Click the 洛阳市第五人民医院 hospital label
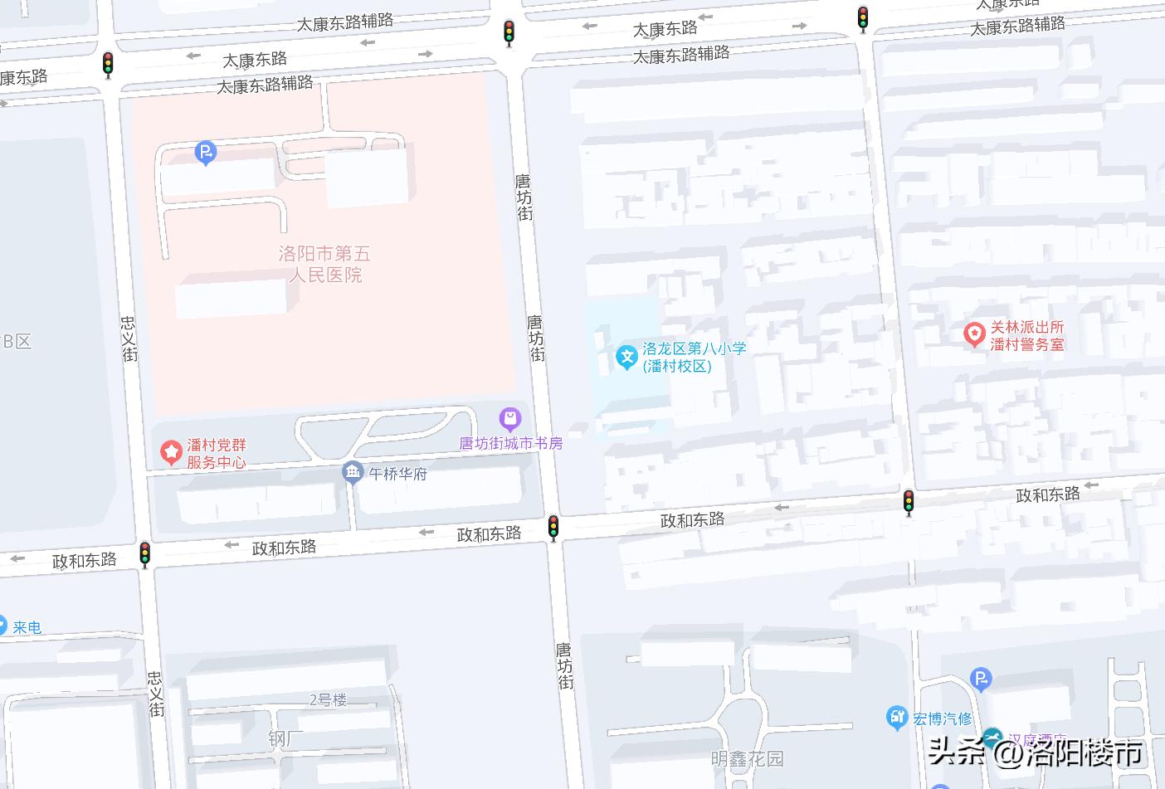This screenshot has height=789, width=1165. (x=324, y=264)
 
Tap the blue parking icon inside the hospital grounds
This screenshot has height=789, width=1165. (x=205, y=153)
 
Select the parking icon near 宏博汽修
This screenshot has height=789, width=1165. (x=981, y=680)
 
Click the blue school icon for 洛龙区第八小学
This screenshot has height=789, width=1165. (x=626, y=358)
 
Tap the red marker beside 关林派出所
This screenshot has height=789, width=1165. (x=973, y=334)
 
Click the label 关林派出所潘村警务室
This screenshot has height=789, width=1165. (x=1027, y=335)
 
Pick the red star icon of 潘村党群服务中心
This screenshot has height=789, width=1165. (x=171, y=452)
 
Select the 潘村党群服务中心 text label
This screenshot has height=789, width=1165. (x=216, y=454)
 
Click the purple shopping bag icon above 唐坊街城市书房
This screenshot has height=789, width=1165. (x=509, y=419)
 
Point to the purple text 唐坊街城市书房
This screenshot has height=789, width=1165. (x=511, y=443)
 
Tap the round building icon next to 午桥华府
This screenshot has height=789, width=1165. (x=353, y=473)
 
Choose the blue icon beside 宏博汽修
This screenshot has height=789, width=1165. (x=897, y=717)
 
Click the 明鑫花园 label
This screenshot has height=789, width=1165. (x=747, y=758)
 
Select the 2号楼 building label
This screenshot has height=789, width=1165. (x=328, y=699)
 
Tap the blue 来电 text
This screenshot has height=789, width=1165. (x=27, y=627)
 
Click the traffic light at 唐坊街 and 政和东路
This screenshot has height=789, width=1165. (x=553, y=527)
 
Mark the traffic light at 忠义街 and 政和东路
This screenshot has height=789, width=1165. (x=145, y=553)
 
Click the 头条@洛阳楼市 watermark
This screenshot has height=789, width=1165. (x=1035, y=752)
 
